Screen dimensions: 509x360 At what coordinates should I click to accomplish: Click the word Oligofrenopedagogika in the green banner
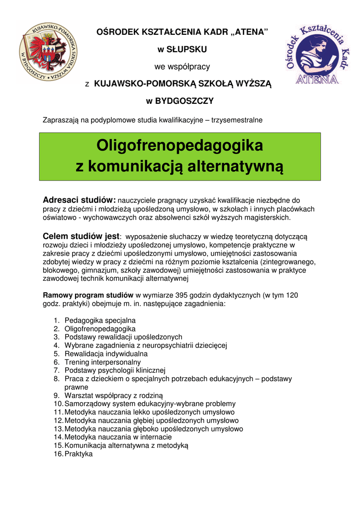pyautogui.click(x=180, y=146)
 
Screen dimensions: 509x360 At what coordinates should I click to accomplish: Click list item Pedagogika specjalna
pyautogui.click(x=100, y=320)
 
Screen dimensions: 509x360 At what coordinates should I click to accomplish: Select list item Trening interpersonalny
pyautogui.click(x=102, y=362)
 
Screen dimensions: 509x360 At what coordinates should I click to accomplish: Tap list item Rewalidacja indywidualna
pyautogui.click(x=106, y=353)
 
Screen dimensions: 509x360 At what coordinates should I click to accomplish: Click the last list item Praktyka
pyautogui.click(x=79, y=454)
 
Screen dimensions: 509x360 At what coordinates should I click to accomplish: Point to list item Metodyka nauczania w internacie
pyautogui.click(x=118, y=437)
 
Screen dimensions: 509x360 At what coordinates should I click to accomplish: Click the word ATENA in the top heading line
pyautogui.click(x=251, y=32)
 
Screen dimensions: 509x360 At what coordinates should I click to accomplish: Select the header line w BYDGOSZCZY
pyautogui.click(x=180, y=101)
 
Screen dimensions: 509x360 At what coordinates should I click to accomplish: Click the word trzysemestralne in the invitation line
pyautogui.click(x=237, y=120)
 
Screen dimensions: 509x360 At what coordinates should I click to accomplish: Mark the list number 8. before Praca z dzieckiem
pyautogui.click(x=57, y=379)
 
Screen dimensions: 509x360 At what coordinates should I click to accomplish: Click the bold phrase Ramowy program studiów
pyautogui.click(x=89, y=295)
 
